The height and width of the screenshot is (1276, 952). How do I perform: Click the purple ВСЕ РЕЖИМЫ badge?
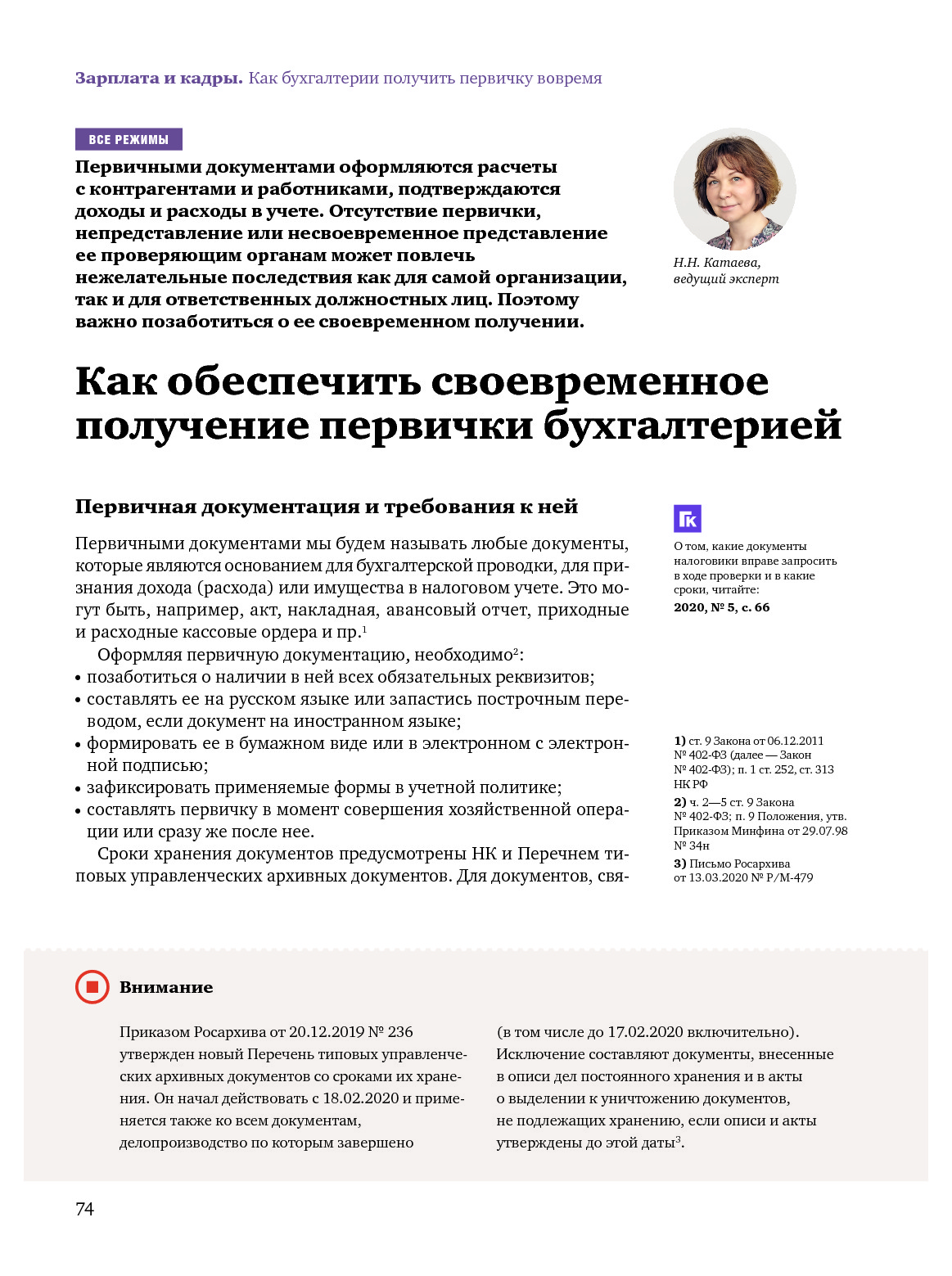(x=129, y=140)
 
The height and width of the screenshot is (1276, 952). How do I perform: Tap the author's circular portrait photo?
(x=734, y=189)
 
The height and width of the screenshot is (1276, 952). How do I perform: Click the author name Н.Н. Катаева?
(x=716, y=263)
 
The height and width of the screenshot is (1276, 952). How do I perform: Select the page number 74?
(x=84, y=1209)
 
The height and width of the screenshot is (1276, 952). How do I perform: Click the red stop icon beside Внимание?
(x=92, y=987)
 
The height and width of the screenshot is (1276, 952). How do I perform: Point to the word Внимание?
(x=166, y=987)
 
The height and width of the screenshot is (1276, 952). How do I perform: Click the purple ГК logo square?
(x=688, y=519)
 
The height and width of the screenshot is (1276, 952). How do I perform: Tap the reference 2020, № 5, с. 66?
(x=721, y=607)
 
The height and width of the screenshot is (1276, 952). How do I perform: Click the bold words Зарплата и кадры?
(x=159, y=79)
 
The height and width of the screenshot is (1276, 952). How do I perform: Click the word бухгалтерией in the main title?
(x=692, y=426)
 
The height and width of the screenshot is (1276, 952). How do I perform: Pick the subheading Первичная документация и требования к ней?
(x=327, y=507)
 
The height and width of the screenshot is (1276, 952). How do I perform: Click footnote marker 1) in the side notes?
(x=679, y=741)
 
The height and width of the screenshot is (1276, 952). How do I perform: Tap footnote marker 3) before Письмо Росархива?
(x=679, y=863)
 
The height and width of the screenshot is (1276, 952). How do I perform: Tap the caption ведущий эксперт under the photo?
(x=726, y=279)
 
